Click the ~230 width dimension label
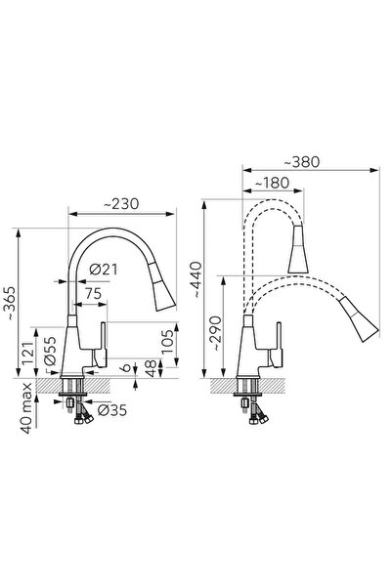(121, 204)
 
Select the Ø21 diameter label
(104, 270)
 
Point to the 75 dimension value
(93, 294)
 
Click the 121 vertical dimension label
(29, 353)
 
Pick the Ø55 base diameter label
(50, 352)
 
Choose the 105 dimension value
(167, 342)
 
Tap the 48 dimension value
(151, 369)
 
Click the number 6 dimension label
(126, 367)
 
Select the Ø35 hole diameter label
(112, 410)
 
